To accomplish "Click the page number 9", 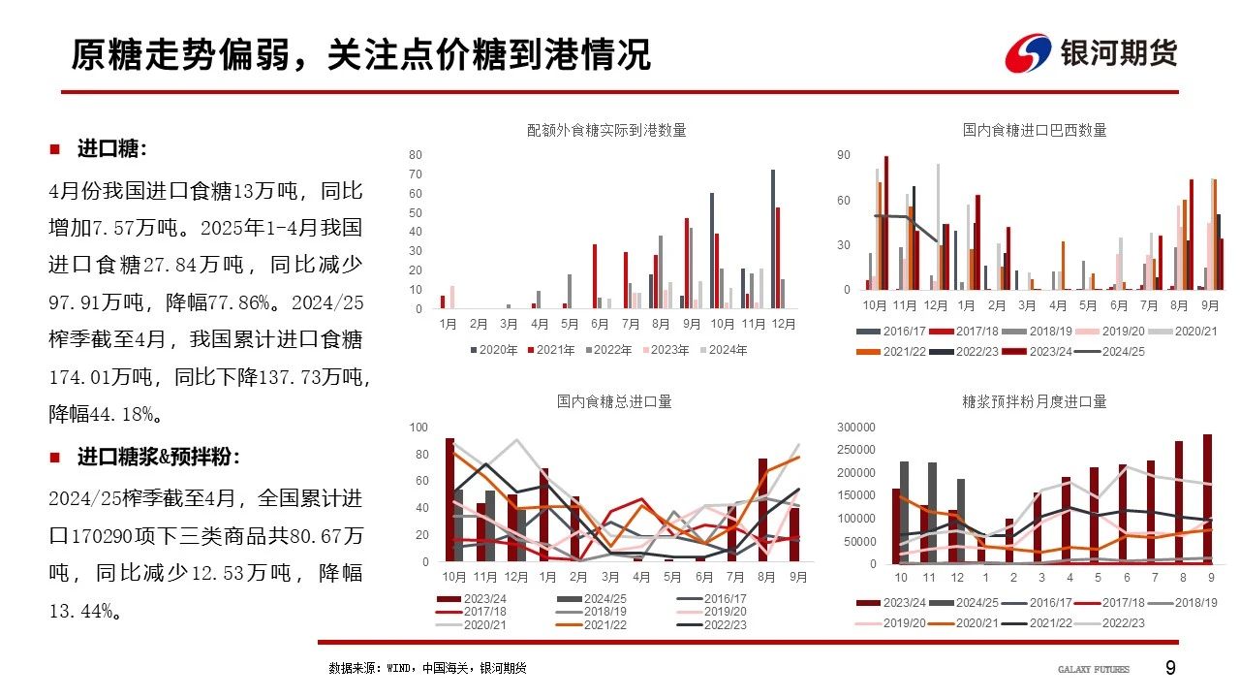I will point(1170,668).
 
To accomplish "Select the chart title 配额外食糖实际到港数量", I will point(606,130).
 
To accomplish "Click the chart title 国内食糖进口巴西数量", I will point(1035,130).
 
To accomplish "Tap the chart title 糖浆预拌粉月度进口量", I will point(1035,401).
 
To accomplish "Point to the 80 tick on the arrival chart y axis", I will point(415,155).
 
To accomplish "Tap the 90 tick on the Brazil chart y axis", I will point(844,155).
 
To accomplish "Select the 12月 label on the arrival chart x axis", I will point(782,324).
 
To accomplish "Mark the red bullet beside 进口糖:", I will point(55,149).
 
